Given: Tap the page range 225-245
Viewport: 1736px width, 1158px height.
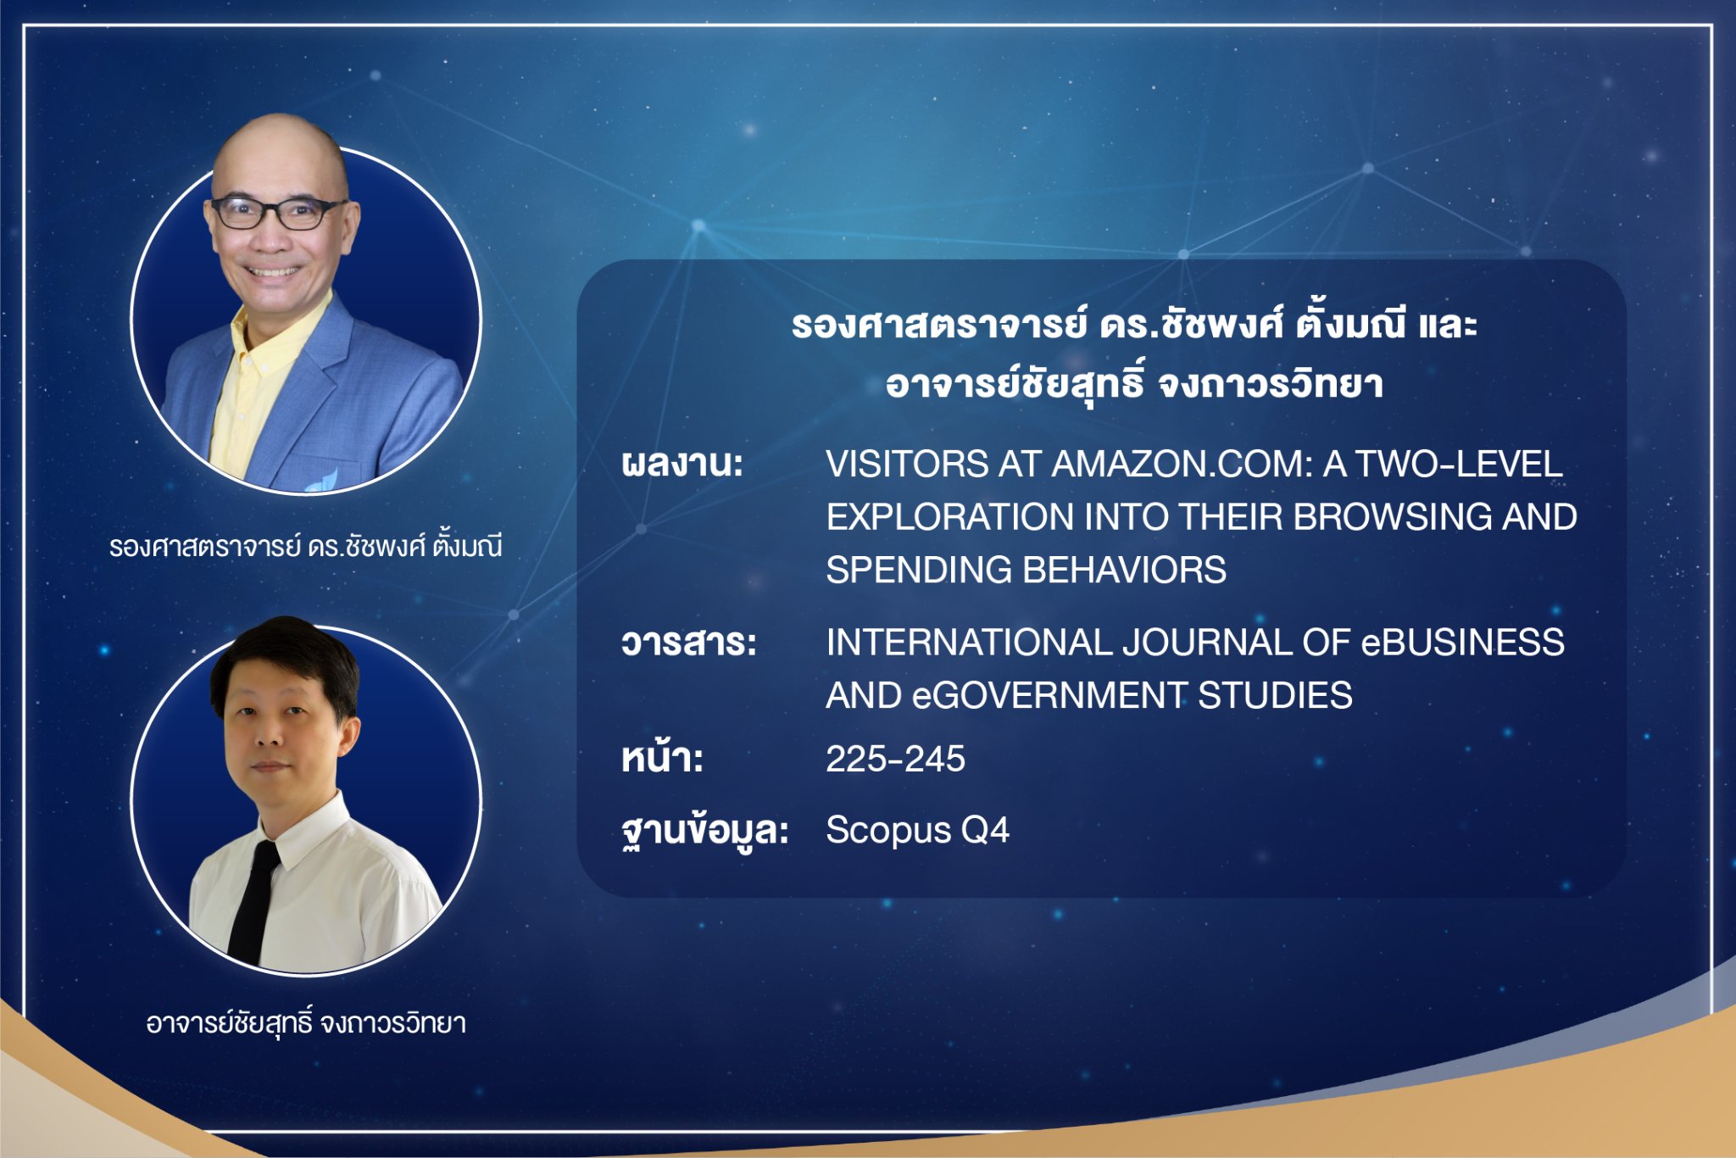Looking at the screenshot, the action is [895, 759].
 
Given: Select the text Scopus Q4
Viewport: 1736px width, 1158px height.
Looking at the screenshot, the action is [917, 830].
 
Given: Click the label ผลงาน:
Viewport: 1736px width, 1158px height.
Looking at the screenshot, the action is [682, 464].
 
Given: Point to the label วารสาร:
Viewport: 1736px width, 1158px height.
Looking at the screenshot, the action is [688, 643].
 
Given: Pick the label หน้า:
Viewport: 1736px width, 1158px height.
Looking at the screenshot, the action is [662, 757].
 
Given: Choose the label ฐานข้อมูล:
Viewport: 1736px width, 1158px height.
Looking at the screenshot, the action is [705, 830].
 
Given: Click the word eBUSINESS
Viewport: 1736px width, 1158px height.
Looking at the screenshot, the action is [1462, 643].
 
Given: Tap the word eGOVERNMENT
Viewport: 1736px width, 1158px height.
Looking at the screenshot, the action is [1048, 696].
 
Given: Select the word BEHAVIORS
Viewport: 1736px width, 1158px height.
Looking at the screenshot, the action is [1125, 570].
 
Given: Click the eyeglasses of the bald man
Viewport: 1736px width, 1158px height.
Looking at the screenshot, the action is [277, 213].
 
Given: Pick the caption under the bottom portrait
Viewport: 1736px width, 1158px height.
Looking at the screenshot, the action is [306, 1022].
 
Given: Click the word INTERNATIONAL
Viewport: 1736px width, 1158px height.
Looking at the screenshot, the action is [969, 643].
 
